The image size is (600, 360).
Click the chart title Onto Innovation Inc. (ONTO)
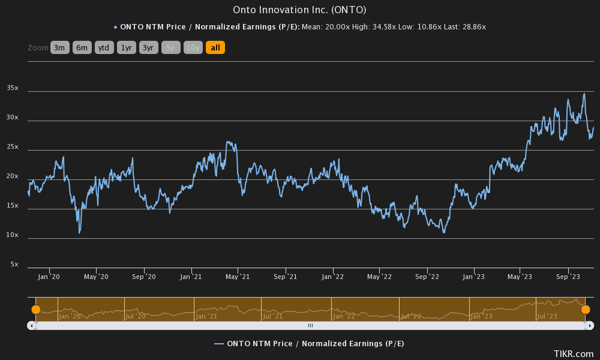(x=299, y=10)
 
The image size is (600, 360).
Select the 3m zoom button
(x=60, y=47)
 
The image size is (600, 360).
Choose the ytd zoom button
(x=104, y=47)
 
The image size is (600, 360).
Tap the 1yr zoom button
(x=126, y=47)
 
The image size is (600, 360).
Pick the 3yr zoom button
(x=148, y=47)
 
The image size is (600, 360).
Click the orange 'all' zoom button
(x=215, y=47)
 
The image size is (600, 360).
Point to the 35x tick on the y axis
(x=13, y=88)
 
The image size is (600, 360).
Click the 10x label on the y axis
(x=13, y=235)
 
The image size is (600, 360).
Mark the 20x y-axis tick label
(x=13, y=176)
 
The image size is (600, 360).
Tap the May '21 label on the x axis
(x=238, y=277)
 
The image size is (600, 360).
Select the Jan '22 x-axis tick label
(x=332, y=277)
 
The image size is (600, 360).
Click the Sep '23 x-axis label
(x=568, y=277)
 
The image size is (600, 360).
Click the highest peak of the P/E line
(x=584, y=94)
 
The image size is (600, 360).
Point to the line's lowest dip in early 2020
(x=79, y=233)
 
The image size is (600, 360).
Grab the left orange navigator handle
(x=36, y=310)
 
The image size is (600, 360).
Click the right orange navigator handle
(x=586, y=310)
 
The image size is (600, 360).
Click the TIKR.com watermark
(x=573, y=354)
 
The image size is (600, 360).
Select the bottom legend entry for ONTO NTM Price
(x=309, y=343)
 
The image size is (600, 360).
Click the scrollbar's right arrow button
(x=590, y=325)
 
